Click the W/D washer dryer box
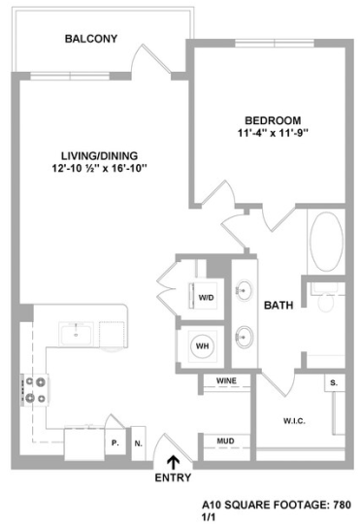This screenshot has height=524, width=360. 207,297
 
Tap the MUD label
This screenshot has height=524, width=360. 225,442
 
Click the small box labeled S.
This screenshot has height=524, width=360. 334,383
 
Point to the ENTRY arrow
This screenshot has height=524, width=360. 174,461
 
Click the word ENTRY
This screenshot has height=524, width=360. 174,477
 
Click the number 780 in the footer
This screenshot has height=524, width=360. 337,504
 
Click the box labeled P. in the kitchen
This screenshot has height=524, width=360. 115,442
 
